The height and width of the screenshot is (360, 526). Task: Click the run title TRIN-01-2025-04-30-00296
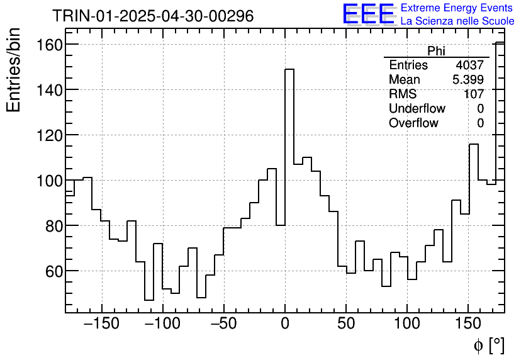click(x=153, y=16)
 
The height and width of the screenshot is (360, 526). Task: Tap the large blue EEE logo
click(x=369, y=14)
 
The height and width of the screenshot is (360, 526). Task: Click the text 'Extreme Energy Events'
click(x=457, y=8)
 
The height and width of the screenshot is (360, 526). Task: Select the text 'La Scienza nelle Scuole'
click(x=457, y=21)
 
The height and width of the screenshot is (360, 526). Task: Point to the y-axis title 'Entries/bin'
click(x=14, y=69)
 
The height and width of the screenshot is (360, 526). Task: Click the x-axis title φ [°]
click(x=488, y=346)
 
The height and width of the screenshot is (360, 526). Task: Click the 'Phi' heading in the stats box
click(x=436, y=51)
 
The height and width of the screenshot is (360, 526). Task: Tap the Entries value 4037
click(x=469, y=65)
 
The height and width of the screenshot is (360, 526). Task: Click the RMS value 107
click(x=473, y=94)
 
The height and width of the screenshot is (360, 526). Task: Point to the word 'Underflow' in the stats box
click(x=417, y=109)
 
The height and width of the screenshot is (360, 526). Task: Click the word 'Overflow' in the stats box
click(x=413, y=123)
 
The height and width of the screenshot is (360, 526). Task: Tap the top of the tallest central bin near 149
click(x=289, y=70)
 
